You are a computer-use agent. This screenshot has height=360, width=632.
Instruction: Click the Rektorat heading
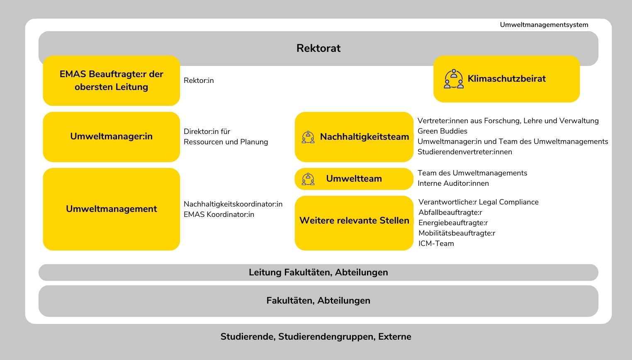[x=318, y=48]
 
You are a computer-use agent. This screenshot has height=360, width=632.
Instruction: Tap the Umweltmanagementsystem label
[x=544, y=25]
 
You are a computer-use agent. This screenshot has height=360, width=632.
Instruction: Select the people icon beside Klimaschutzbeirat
[x=454, y=79]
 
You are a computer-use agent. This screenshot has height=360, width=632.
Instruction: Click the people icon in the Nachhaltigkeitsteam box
[x=308, y=137]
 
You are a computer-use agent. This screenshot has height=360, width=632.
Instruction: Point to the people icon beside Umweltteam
[x=308, y=179]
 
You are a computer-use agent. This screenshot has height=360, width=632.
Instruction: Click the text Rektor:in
[x=199, y=81]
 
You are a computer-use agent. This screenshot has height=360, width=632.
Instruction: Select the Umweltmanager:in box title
[x=112, y=136]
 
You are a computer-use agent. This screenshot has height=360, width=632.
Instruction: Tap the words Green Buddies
[x=442, y=131]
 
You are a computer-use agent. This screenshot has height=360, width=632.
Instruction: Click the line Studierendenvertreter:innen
[x=465, y=152]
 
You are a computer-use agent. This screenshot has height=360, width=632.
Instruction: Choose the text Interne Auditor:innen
[x=453, y=183]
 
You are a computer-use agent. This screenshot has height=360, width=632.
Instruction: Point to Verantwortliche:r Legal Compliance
[x=479, y=202]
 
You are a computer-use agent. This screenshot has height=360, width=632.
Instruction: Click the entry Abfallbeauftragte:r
[x=450, y=212]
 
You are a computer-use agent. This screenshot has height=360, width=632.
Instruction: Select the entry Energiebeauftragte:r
[x=453, y=223]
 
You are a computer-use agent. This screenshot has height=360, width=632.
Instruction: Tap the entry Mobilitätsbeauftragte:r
[x=457, y=233]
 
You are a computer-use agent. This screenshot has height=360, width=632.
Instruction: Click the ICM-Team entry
[x=436, y=243]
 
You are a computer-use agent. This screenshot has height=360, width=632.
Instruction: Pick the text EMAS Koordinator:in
[x=219, y=214]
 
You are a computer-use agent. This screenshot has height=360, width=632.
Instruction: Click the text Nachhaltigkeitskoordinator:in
[x=233, y=204]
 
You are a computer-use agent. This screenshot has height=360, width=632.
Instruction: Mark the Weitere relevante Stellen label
[x=354, y=220]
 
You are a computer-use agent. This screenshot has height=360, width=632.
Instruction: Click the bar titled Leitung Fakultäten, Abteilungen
[x=318, y=272]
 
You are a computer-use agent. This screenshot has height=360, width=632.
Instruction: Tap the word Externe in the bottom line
[x=395, y=337]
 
